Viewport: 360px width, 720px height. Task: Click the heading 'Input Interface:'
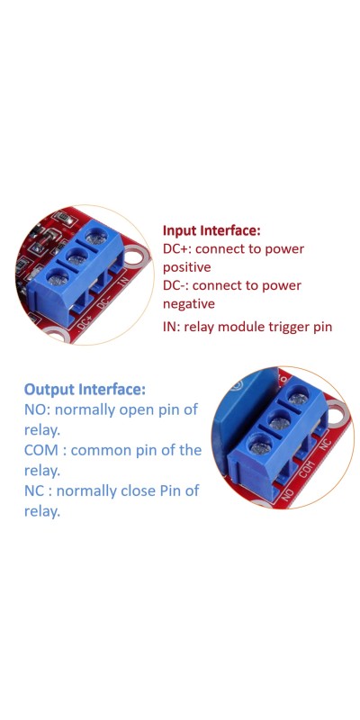211,230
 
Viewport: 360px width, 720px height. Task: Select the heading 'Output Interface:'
85,390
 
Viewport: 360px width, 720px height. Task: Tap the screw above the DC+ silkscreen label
58,277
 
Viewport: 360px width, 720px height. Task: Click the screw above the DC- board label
77,257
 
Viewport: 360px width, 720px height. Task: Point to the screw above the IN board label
96,237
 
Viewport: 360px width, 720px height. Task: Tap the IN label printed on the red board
123,280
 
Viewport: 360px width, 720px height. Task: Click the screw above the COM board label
280,421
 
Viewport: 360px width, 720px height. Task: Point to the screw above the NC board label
299,398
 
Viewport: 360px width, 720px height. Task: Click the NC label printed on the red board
325,445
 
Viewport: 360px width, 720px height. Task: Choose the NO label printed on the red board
288,494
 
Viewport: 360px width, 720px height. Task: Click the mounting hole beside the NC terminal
337,412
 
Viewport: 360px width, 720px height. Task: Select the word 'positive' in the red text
187,267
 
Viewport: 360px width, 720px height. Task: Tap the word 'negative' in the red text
189,304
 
